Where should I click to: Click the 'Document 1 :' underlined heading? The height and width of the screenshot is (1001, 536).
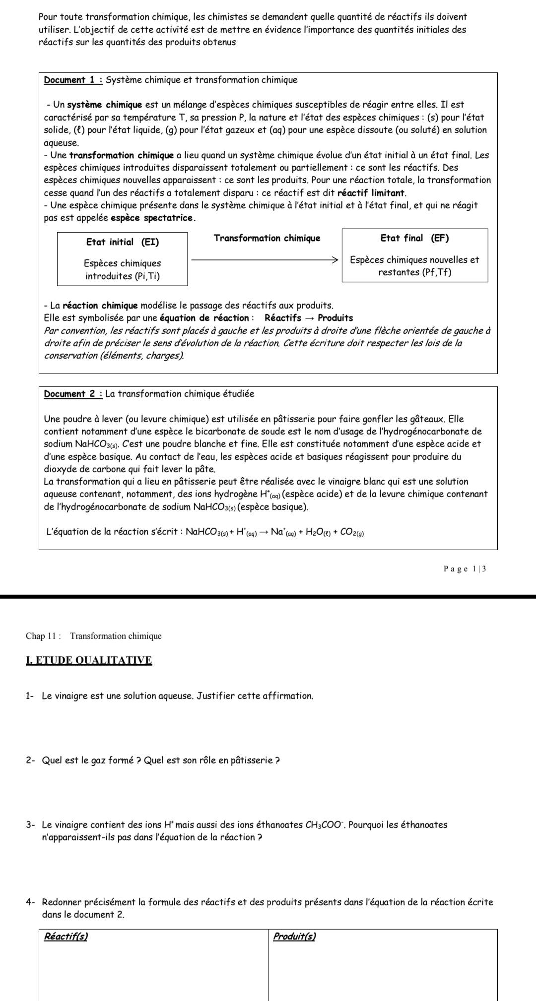pyautogui.click(x=73, y=80)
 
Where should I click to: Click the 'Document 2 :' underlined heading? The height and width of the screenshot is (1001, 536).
pyautogui.click(x=73, y=394)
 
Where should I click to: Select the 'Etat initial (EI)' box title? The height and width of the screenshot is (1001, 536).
pyautogui.click(x=123, y=242)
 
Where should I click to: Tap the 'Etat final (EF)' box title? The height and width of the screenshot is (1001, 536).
pyautogui.click(x=414, y=238)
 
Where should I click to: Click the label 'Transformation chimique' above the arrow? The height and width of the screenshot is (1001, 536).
pyautogui.click(x=267, y=238)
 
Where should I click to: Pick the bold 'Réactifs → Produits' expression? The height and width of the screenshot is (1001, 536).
pyautogui.click(x=309, y=318)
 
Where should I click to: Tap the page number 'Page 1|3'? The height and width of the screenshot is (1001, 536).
pyautogui.click(x=465, y=569)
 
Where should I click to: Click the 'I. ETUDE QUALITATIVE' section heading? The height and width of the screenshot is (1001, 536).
pyautogui.click(x=89, y=660)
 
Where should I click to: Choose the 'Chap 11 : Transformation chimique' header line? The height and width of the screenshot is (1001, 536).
pyautogui.click(x=94, y=636)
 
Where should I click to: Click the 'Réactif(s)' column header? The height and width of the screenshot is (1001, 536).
pyautogui.click(x=66, y=937)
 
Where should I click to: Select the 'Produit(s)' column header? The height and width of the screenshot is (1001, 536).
pyautogui.click(x=294, y=937)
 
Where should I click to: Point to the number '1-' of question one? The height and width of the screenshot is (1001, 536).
pyautogui.click(x=30, y=696)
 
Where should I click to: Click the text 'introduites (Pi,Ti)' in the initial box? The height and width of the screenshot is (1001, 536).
pyautogui.click(x=123, y=276)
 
